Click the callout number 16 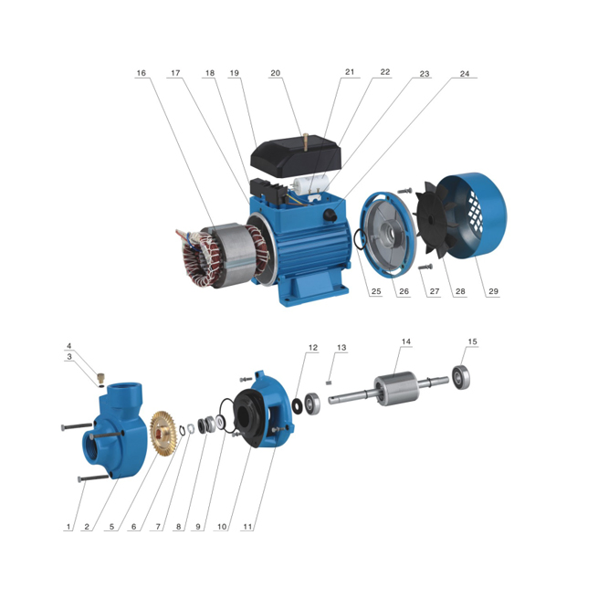click(x=141, y=73)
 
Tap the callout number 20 click(x=275, y=73)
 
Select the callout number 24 click(x=465, y=73)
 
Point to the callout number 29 click(x=494, y=292)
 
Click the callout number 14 click(x=406, y=341)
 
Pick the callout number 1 click(x=68, y=527)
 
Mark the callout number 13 click(x=341, y=348)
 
